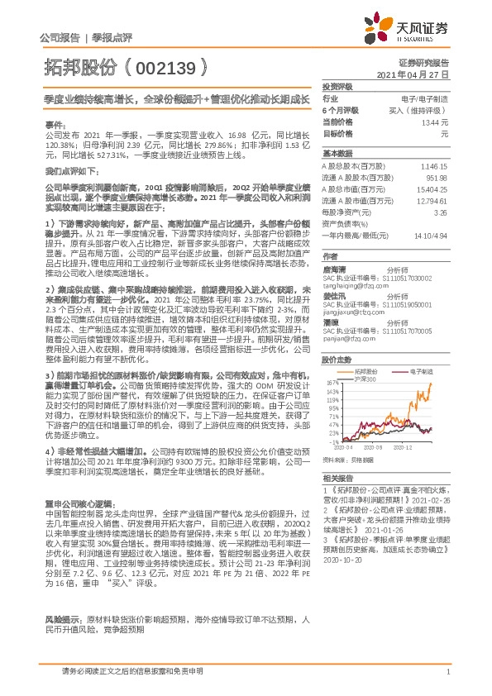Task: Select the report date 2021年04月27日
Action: point(423,74)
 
